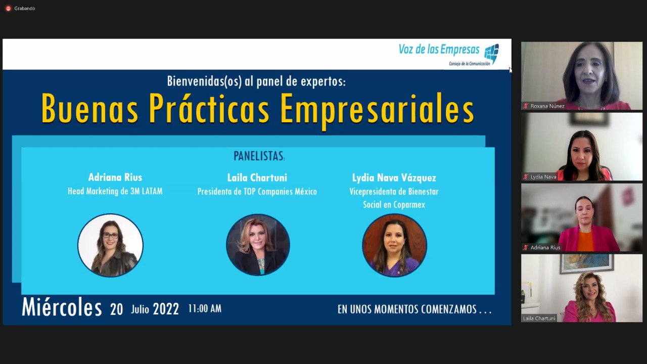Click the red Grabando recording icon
click(x=9, y=9)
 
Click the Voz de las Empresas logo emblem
click(x=491, y=53)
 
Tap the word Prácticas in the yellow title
click(x=209, y=109)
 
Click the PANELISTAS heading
click(x=259, y=156)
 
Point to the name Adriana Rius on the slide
click(x=115, y=177)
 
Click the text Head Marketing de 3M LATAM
click(x=115, y=191)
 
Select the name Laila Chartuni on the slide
click(x=257, y=177)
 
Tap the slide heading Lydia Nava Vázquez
click(x=394, y=177)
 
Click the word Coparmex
click(x=409, y=205)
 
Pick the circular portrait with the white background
click(x=110, y=245)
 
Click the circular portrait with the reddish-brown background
click(x=395, y=245)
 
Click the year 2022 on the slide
click(x=166, y=309)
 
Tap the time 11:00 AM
click(x=205, y=308)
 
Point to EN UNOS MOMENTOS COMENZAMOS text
click(x=414, y=309)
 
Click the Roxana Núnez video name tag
click(x=544, y=106)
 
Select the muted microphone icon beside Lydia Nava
click(x=526, y=177)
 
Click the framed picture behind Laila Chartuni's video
click(x=586, y=263)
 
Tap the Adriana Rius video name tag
click(x=542, y=248)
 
